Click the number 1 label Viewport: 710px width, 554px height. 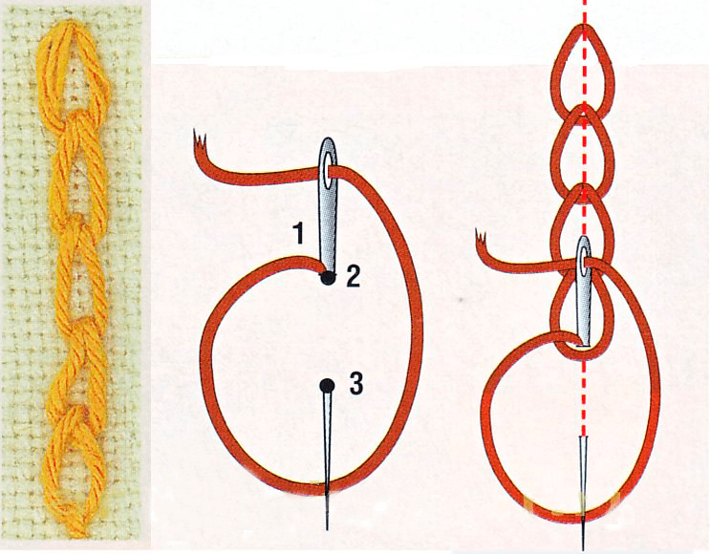298,234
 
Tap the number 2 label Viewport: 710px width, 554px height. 354,276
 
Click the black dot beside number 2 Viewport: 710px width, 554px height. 327,278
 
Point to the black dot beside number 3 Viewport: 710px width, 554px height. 327,386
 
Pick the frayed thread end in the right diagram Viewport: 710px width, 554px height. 482,237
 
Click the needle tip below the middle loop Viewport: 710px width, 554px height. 327,528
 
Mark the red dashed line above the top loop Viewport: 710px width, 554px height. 584,12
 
